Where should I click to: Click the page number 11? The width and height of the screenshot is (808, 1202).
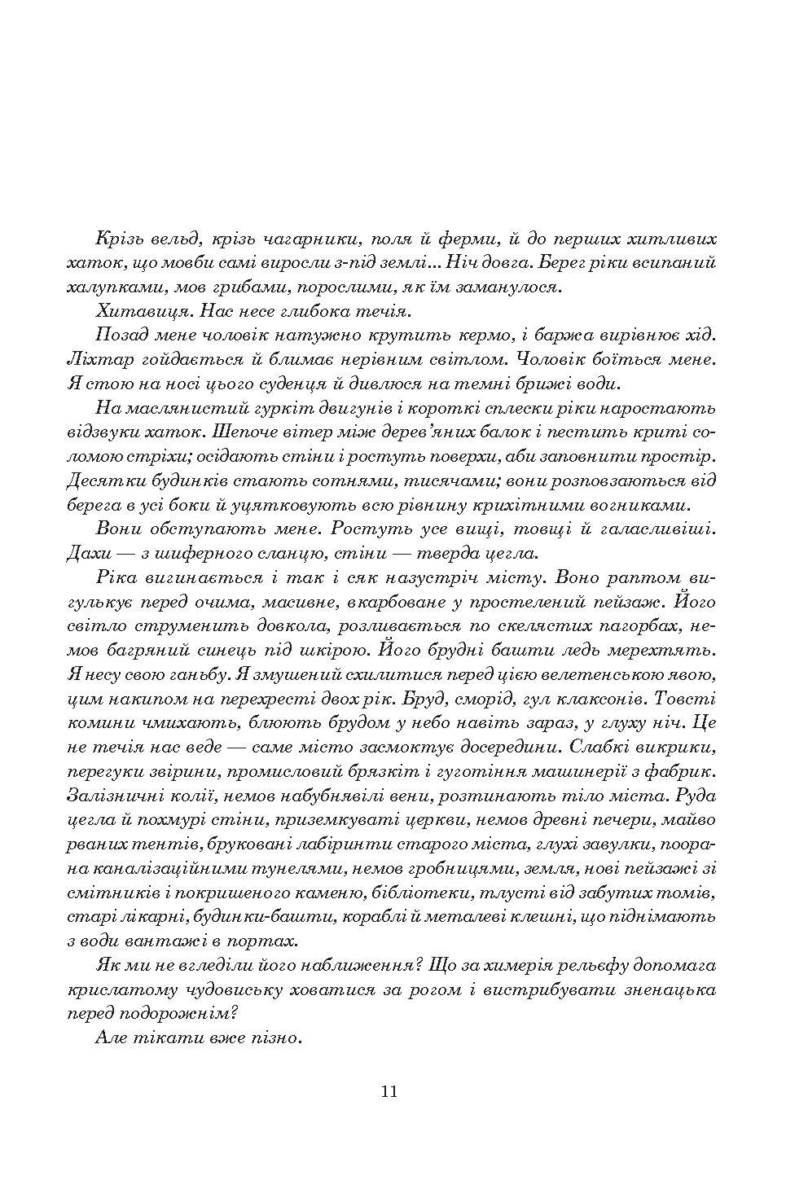pos(388,1091)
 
